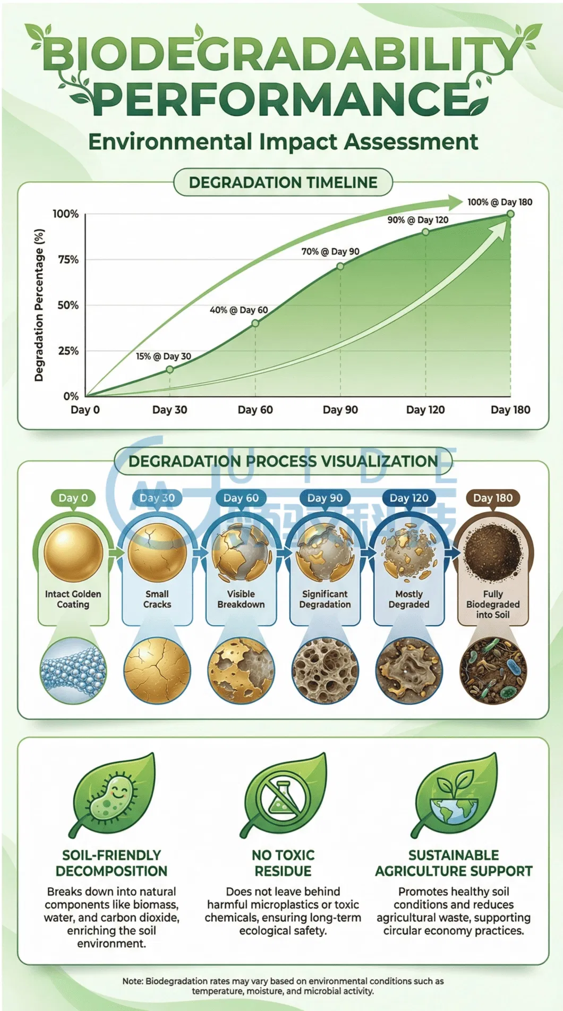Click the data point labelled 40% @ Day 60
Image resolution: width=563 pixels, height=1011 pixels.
tap(255, 323)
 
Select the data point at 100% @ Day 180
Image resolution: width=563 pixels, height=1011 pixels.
tap(510, 214)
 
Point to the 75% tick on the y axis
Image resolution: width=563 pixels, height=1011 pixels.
tap(68, 259)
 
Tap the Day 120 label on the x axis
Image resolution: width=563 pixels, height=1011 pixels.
tap(425, 410)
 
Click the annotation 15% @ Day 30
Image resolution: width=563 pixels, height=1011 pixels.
tap(163, 356)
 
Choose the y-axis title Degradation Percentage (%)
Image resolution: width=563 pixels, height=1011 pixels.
tap(39, 305)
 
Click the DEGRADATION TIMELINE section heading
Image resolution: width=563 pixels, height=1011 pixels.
tap(283, 183)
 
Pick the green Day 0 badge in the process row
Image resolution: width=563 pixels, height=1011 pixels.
tap(73, 498)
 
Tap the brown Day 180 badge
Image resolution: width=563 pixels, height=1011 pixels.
tap(492, 498)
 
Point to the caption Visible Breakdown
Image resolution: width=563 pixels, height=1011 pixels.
tap(241, 599)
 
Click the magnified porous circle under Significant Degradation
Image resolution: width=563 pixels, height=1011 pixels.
tap(325, 670)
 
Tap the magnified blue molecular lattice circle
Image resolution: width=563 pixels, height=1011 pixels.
tap(73, 670)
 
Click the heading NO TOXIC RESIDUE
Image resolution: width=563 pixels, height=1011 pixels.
tap(283, 863)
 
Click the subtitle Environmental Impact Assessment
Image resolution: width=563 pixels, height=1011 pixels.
tap(283, 142)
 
